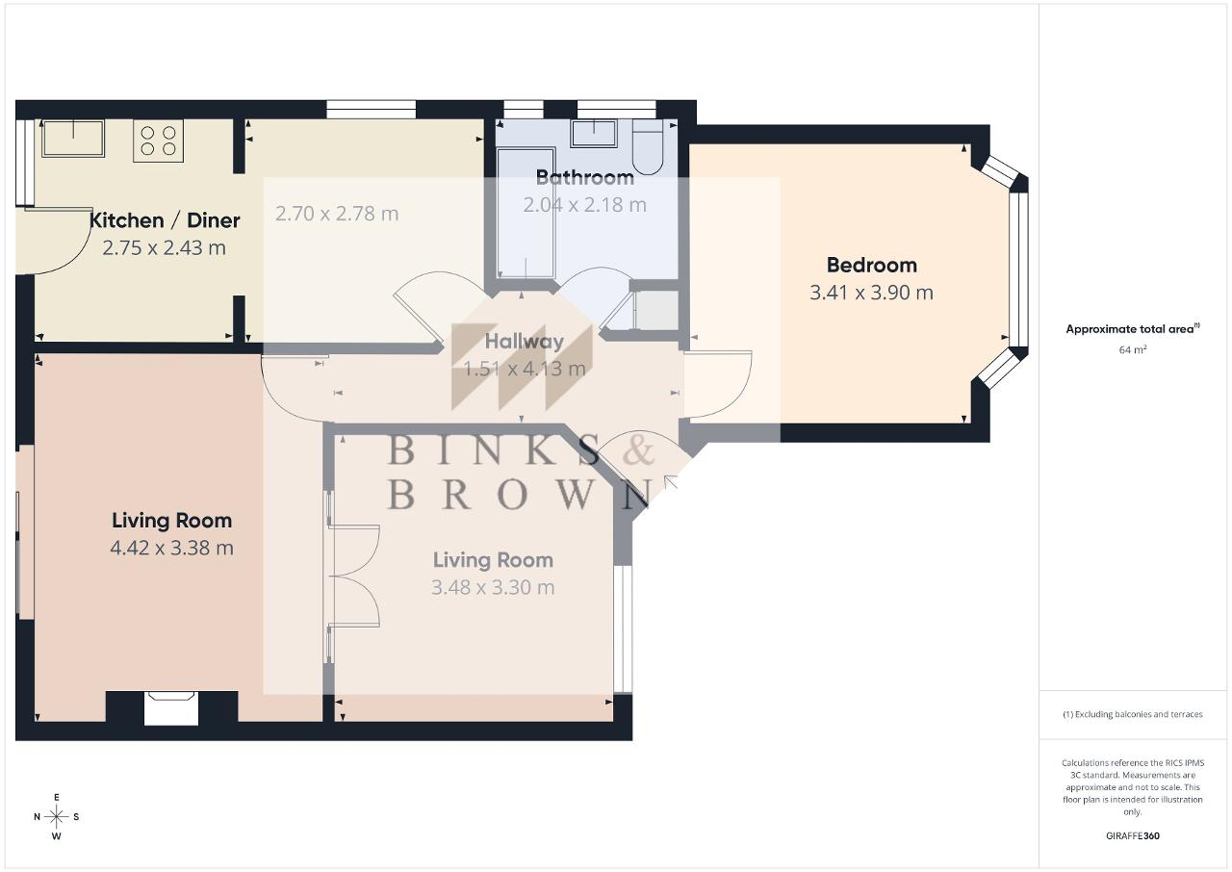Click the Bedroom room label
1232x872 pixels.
pyautogui.click(x=872, y=265)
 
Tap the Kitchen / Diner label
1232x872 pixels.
pyautogui.click(x=165, y=220)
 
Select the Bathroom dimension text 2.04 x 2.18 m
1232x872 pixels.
pyautogui.click(x=584, y=205)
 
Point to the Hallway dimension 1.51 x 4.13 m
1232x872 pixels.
pyautogui.click(x=525, y=369)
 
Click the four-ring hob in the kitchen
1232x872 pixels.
pyautogui.click(x=159, y=141)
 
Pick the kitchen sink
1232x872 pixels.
pyautogui.click(x=73, y=138)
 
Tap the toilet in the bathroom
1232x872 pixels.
pyautogui.click(x=648, y=147)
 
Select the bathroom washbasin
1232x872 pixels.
pyautogui.click(x=594, y=134)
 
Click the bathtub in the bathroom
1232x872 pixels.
pyautogui.click(x=526, y=213)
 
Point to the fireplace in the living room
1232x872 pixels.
pyautogui.click(x=171, y=708)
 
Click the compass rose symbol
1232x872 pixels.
pyautogui.click(x=57, y=817)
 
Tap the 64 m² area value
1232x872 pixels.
pyautogui.click(x=1133, y=349)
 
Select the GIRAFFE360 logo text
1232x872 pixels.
pyautogui.click(x=1133, y=835)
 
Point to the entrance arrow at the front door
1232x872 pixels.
pyautogui.click(x=671, y=482)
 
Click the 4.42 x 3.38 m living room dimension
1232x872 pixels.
pyautogui.click(x=172, y=549)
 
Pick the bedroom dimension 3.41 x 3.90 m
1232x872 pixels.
pyautogui.click(x=872, y=293)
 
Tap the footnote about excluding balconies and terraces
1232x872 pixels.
pyautogui.click(x=1133, y=714)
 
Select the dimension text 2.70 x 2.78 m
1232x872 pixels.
pyautogui.click(x=337, y=214)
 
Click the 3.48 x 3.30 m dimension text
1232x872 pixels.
pyautogui.click(x=493, y=588)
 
